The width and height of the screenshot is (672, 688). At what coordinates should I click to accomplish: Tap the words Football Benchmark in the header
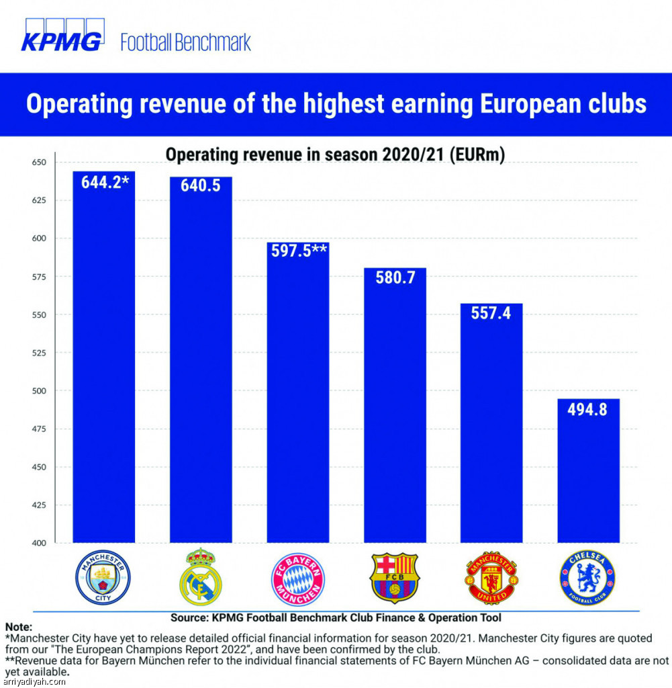tap(185, 42)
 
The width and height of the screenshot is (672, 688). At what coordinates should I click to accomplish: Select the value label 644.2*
tap(105, 182)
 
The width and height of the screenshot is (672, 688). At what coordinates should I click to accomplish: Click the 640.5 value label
tap(201, 185)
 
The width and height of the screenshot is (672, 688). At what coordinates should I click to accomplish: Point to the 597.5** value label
tap(299, 251)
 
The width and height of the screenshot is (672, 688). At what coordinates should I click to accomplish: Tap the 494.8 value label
tap(588, 408)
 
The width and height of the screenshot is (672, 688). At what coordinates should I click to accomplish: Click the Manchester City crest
tap(103, 576)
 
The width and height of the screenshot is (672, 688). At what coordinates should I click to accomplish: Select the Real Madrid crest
tap(200, 576)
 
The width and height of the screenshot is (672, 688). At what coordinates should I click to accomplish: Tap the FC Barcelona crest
tap(395, 578)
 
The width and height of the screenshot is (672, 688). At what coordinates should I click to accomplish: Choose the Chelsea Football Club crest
tap(587, 578)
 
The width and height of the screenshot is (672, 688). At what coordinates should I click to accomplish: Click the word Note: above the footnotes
tap(18, 626)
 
